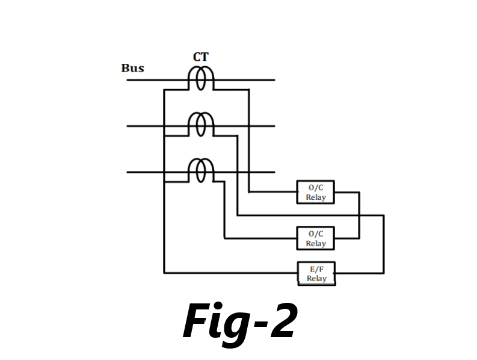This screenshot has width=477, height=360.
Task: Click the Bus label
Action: (x=132, y=68)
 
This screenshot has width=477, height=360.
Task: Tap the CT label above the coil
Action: (x=201, y=57)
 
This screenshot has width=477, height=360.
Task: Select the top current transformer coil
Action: (x=202, y=78)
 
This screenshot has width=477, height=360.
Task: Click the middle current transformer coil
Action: (x=202, y=125)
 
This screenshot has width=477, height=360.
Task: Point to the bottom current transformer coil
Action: (x=202, y=170)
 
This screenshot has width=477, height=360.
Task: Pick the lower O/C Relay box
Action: (x=315, y=238)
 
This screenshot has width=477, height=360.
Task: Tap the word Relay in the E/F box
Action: (x=316, y=279)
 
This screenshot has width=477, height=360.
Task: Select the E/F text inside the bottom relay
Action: (x=316, y=269)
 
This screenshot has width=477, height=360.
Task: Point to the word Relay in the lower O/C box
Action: (x=315, y=244)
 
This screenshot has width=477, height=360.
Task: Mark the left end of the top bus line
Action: (x=128, y=79)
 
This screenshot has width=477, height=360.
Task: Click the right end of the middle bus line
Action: (x=274, y=126)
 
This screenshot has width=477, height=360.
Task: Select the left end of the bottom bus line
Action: (x=128, y=172)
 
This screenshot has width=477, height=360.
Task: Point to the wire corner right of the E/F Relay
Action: (x=383, y=273)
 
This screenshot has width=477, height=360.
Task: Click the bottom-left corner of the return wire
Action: (x=164, y=273)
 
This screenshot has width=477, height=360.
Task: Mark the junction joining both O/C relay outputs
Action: (x=359, y=215)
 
